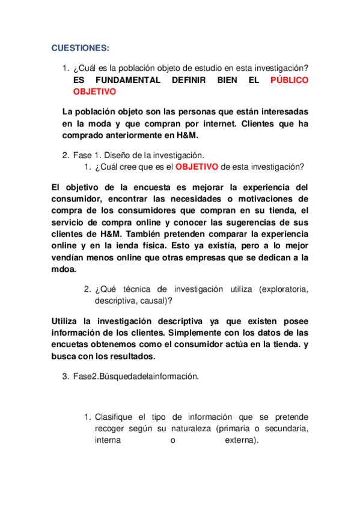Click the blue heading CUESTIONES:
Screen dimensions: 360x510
[x=80, y=48]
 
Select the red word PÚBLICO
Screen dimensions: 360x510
[x=289, y=80]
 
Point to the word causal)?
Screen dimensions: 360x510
[x=148, y=301]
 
